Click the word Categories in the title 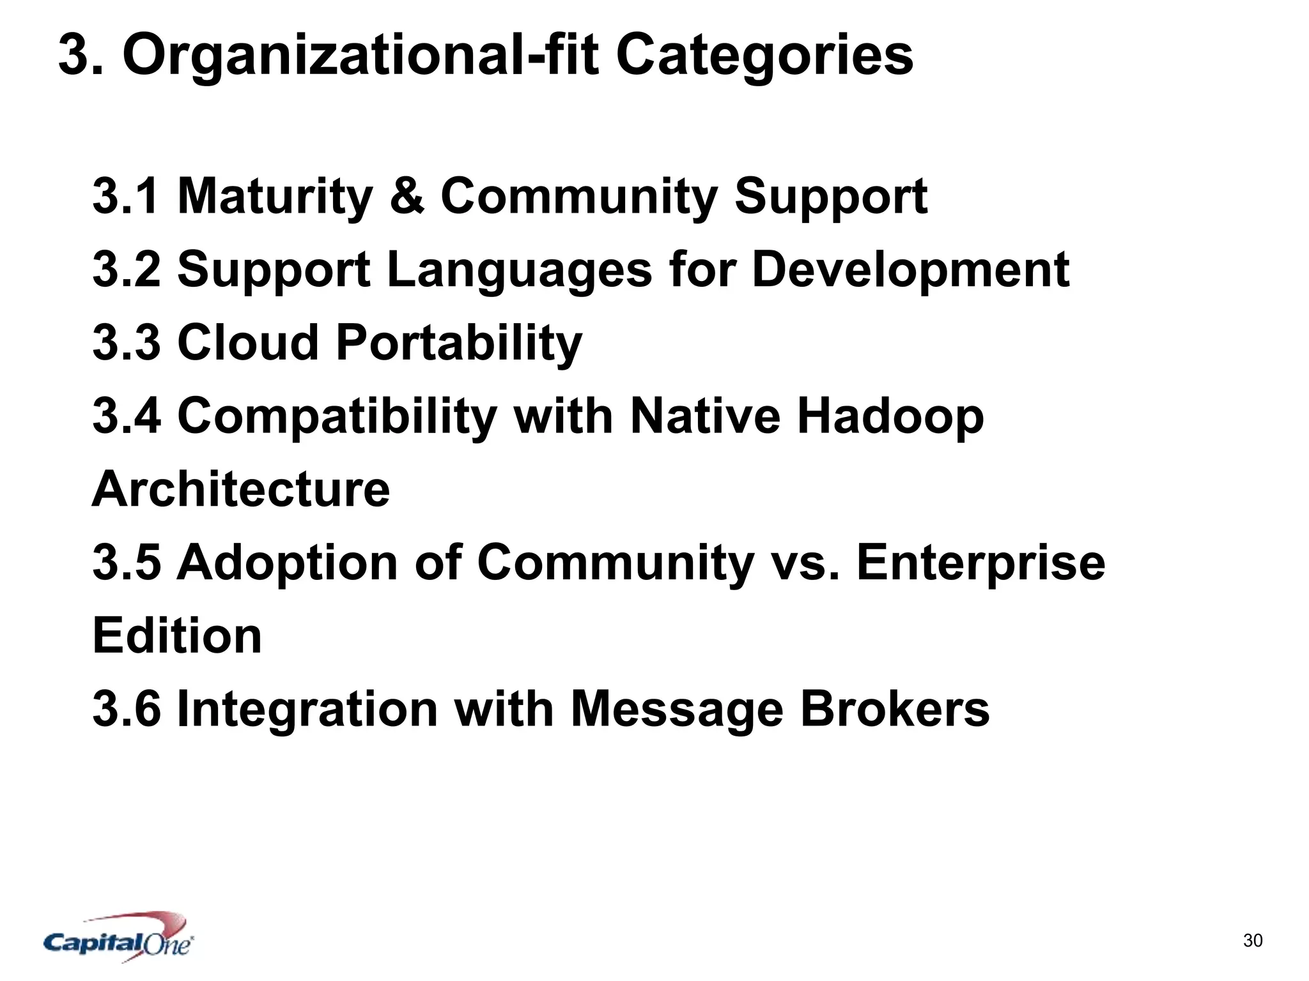click(x=764, y=56)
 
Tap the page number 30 click(x=1253, y=940)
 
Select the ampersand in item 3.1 click(x=407, y=196)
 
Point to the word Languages click(x=519, y=270)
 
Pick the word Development click(x=910, y=270)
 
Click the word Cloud click(x=247, y=342)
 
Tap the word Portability click(x=459, y=342)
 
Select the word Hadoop click(x=890, y=416)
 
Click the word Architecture click(x=240, y=489)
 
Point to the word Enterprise click(x=980, y=563)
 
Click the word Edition click(x=177, y=636)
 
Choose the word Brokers click(x=894, y=709)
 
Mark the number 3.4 click(x=127, y=416)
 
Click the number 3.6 click(x=127, y=709)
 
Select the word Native click(x=705, y=416)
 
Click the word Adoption click(x=287, y=563)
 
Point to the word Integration click(x=307, y=709)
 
